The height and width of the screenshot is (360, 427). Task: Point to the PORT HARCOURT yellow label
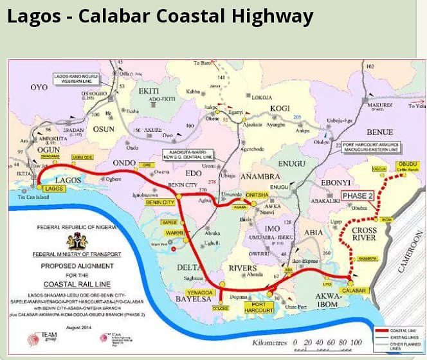point(264,306)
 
